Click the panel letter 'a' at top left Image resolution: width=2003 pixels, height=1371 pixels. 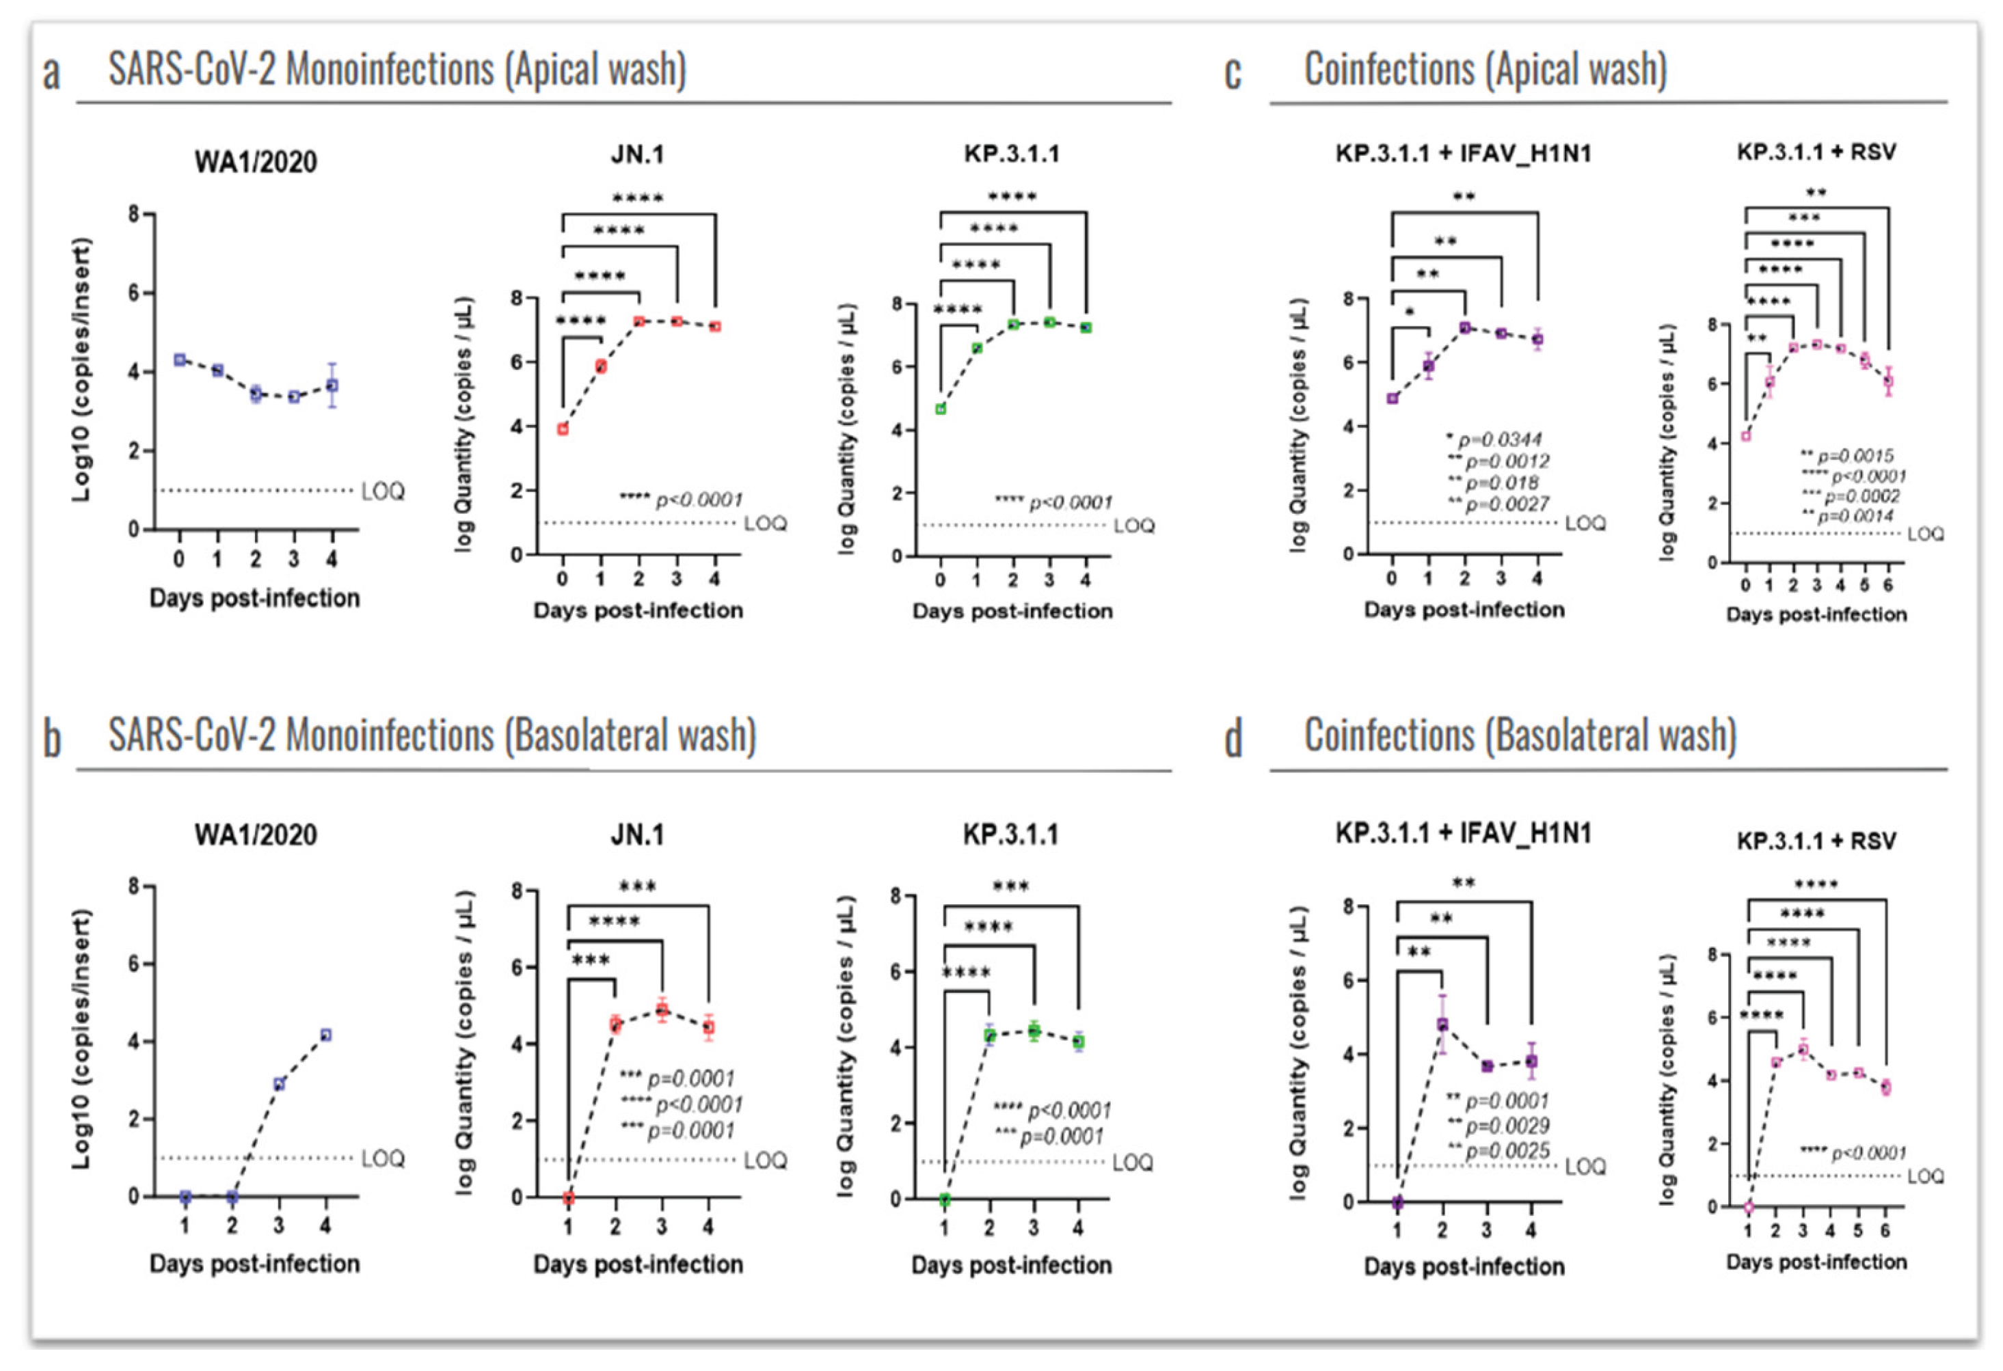click(x=52, y=74)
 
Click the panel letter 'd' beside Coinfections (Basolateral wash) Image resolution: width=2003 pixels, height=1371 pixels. click(x=1233, y=739)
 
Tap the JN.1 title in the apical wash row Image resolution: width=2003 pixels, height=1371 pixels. click(x=637, y=154)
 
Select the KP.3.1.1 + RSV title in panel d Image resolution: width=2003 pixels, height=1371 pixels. click(x=1816, y=840)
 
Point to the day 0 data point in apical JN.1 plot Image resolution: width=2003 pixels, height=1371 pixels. click(x=563, y=429)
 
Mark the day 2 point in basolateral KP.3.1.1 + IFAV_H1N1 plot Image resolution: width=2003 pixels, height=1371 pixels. click(x=1442, y=1024)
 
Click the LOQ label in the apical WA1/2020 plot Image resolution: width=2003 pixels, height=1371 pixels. click(x=383, y=491)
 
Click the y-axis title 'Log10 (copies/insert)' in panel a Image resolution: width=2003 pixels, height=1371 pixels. click(x=82, y=370)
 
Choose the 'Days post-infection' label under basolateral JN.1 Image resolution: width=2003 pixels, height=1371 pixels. click(x=638, y=1264)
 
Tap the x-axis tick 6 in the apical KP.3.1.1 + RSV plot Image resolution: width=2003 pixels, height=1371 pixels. click(x=1887, y=586)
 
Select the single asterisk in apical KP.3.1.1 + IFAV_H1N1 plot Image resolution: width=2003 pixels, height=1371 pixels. click(x=1410, y=312)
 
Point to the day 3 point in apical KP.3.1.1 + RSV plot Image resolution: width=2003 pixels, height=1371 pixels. click(x=1817, y=344)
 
